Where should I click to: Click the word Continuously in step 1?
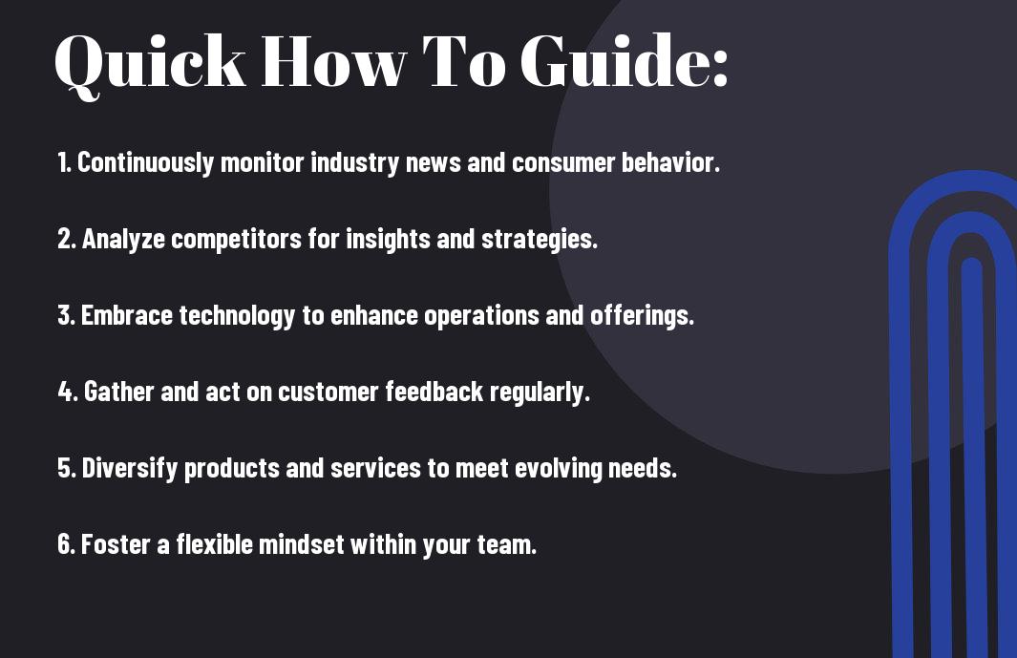145,162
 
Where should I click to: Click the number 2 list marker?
67,239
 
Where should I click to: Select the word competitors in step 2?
236,240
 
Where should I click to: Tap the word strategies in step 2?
539,240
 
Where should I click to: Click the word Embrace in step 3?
126,315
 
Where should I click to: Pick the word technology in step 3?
237,316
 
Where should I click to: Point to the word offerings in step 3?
642,316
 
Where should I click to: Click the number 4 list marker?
68,392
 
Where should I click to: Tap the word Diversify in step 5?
130,469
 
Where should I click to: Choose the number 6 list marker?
67,543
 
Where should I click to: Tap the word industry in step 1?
355,163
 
